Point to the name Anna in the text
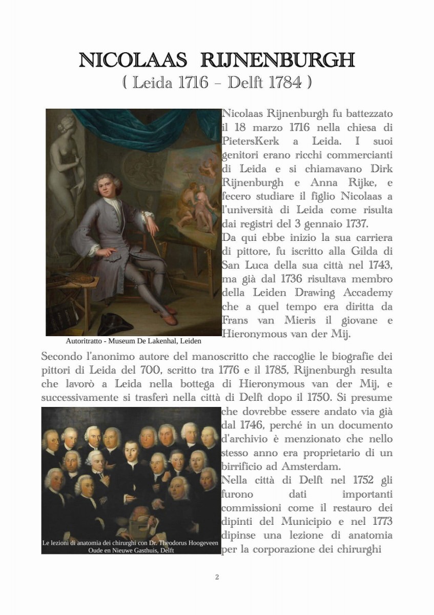(324, 182)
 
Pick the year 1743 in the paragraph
(380, 265)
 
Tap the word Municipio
(307, 522)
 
